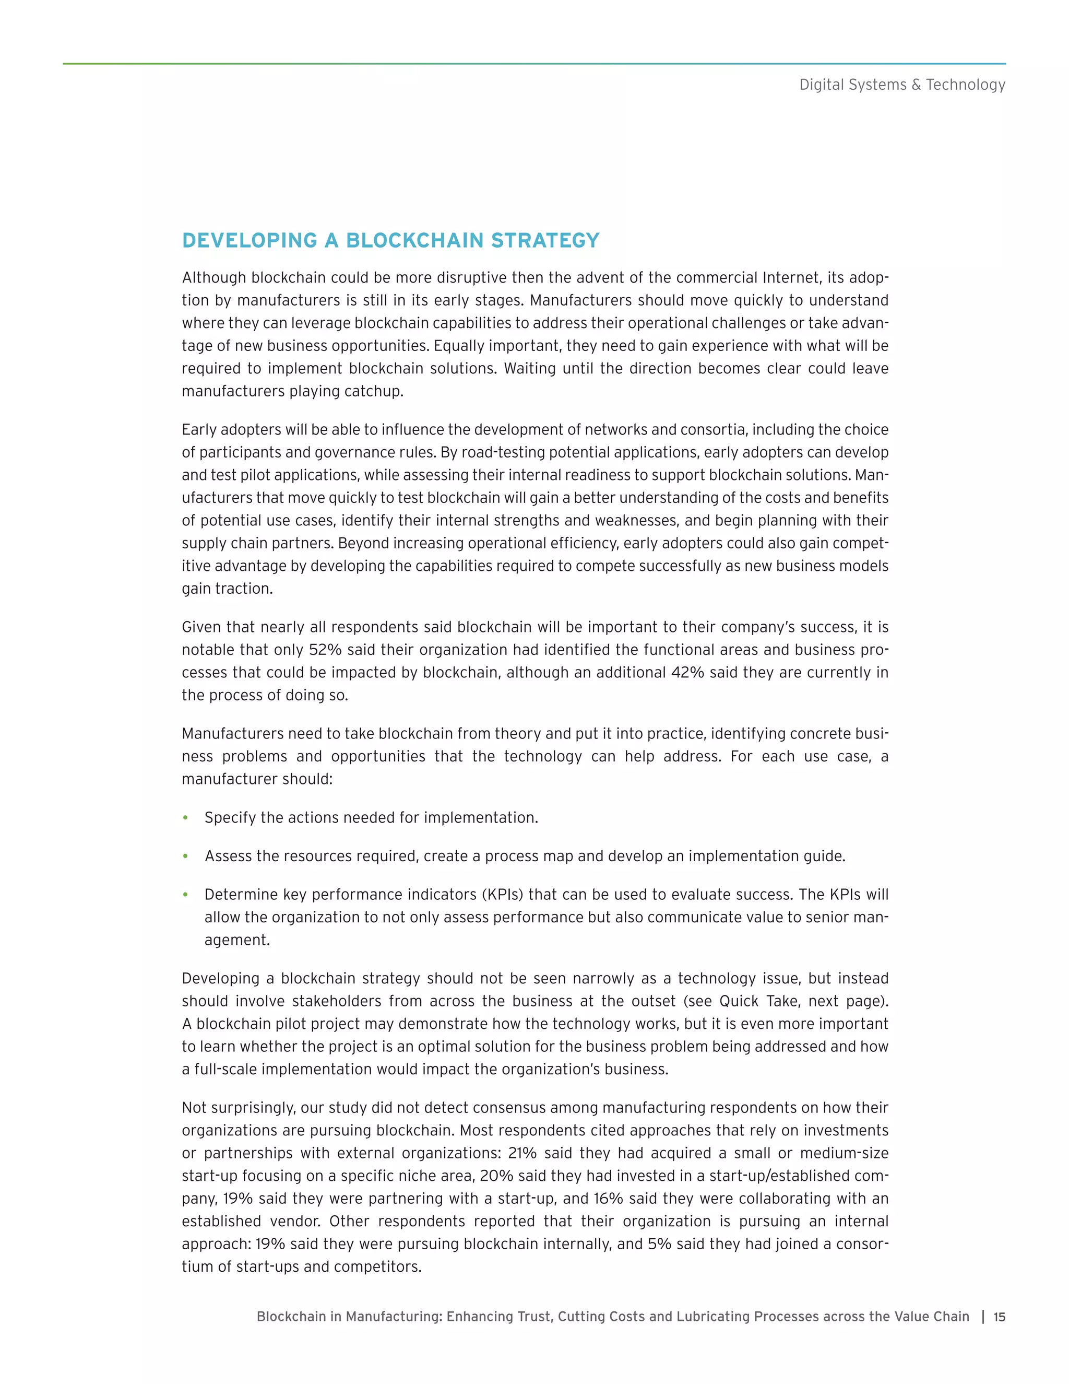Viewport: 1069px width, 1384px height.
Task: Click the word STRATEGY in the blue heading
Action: click(544, 241)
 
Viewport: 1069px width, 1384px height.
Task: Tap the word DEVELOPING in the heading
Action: click(250, 241)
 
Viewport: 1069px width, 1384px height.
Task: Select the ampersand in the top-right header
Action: click(916, 85)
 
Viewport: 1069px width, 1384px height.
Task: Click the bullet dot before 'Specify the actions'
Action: click(185, 817)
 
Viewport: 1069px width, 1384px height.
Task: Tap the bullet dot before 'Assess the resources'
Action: click(185, 856)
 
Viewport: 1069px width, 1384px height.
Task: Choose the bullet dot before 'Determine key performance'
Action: click(185, 895)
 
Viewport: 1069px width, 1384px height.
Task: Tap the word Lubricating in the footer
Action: click(712, 1317)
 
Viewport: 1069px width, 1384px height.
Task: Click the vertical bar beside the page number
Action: click(983, 1317)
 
